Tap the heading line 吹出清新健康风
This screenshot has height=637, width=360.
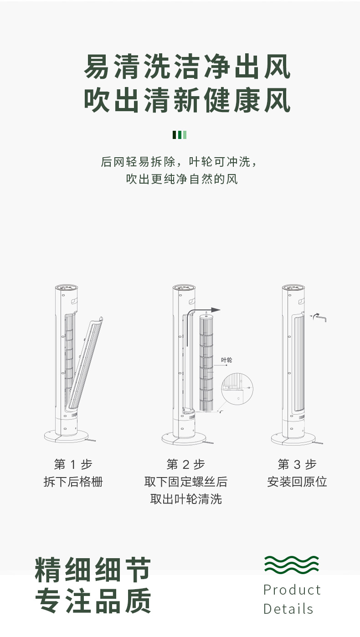pyautogui.click(x=187, y=100)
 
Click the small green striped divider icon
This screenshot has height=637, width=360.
pyautogui.click(x=180, y=135)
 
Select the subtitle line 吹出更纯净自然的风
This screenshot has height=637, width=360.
pyautogui.click(x=182, y=179)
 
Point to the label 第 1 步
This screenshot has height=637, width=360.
pyautogui.click(x=73, y=464)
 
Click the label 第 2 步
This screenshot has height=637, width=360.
pyautogui.click(x=185, y=464)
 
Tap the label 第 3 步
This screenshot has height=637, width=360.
pyautogui.click(x=297, y=464)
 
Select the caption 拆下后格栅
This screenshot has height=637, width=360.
pyautogui.click(x=73, y=482)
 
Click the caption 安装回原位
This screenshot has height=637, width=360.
pyautogui.click(x=297, y=482)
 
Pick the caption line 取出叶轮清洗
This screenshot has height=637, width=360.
pyautogui.click(x=186, y=499)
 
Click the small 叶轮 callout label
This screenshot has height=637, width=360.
pyautogui.click(x=226, y=360)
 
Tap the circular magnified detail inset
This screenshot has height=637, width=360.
pyautogui.click(x=237, y=389)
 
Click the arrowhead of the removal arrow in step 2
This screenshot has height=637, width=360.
pyautogui.click(x=217, y=310)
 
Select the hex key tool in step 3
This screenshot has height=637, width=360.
pyautogui.click(x=319, y=318)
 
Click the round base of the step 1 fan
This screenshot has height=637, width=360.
pyautogui.click(x=66, y=436)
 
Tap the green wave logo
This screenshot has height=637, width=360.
pyautogui.click(x=292, y=564)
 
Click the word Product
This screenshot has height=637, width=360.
pyautogui.click(x=292, y=590)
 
